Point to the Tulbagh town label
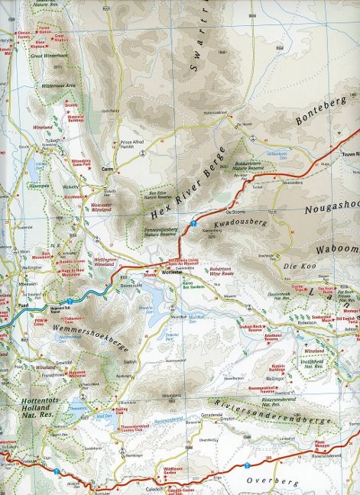[51, 140]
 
